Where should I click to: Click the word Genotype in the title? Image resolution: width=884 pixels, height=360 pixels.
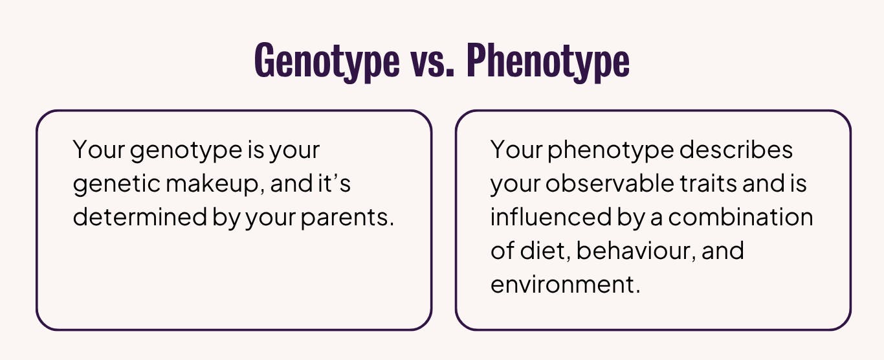pyautogui.click(x=327, y=62)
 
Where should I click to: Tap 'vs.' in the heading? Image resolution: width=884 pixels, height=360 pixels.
pyautogui.click(x=432, y=62)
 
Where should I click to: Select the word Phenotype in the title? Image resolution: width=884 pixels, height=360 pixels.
pyautogui.click(x=547, y=62)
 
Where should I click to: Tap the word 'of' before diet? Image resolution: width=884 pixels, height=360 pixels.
pyautogui.click(x=502, y=251)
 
